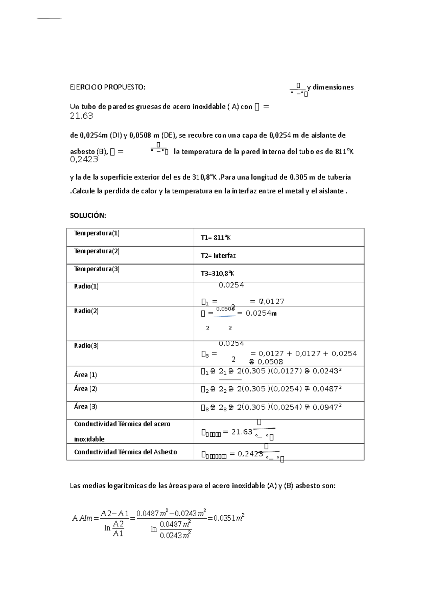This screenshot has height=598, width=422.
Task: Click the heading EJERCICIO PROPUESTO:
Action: [x=108, y=87]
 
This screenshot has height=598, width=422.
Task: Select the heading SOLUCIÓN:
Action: [x=88, y=216]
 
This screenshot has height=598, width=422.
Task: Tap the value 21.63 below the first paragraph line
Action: [x=81, y=116]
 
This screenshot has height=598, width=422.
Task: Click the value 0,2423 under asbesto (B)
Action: [x=84, y=160]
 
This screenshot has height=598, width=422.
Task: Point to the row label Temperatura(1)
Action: [x=97, y=233]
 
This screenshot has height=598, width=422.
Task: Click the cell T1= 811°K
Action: [x=216, y=238]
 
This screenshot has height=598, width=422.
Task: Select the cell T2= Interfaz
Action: [x=218, y=256]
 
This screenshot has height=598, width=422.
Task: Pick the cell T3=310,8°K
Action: [x=217, y=273]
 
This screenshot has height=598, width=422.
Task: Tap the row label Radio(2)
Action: [x=86, y=311]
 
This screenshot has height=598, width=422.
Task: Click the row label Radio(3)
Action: [x=86, y=346]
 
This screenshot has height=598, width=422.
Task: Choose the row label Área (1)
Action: [x=85, y=375]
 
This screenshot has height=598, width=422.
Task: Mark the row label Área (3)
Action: [x=85, y=406]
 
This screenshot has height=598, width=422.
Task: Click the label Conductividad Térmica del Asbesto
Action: [x=126, y=452]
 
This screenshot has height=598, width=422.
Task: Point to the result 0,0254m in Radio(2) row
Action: [x=261, y=313]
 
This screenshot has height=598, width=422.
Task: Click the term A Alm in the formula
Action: [x=82, y=518]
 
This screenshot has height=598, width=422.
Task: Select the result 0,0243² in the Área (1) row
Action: [x=327, y=371]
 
